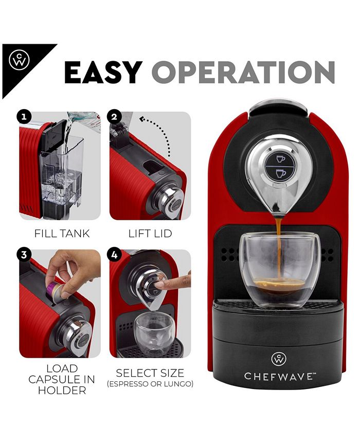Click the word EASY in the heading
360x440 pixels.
[x=103, y=72]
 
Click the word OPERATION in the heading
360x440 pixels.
[x=243, y=72]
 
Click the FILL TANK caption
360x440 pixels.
[x=62, y=234]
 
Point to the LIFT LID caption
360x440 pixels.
[x=150, y=234]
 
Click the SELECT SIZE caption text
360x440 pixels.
[x=150, y=373]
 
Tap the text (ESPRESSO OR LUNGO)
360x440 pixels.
[x=150, y=384]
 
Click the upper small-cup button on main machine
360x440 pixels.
[x=281, y=159]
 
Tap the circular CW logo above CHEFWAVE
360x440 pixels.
[x=279, y=358]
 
